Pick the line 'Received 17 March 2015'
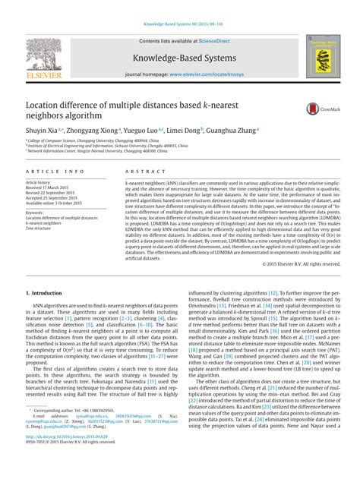point(53,188)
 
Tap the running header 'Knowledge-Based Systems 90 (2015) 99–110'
point(179,6)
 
